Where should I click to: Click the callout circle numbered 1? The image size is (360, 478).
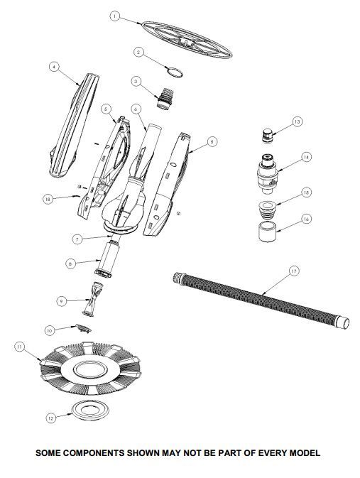click(x=114, y=16)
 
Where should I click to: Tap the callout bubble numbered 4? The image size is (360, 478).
click(x=54, y=67)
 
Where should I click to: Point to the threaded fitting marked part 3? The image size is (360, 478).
click(x=165, y=97)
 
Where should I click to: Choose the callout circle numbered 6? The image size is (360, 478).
click(x=136, y=109)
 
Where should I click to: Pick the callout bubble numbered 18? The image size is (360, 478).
click(x=48, y=200)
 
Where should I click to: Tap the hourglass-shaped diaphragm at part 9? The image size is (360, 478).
click(x=93, y=299)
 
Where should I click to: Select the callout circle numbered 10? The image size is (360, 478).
click(x=50, y=330)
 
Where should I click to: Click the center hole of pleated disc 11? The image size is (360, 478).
click(x=91, y=370)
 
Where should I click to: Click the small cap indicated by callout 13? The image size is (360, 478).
click(x=267, y=136)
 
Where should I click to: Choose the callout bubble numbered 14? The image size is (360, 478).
click(x=306, y=157)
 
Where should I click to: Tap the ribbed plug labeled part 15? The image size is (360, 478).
click(x=268, y=209)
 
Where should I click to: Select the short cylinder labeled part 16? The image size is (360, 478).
click(x=268, y=232)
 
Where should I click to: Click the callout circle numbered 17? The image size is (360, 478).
click(x=293, y=271)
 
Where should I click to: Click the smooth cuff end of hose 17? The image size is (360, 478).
click(x=342, y=322)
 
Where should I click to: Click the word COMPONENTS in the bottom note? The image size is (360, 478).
click(x=94, y=452)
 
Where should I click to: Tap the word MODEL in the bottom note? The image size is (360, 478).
click(x=305, y=452)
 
